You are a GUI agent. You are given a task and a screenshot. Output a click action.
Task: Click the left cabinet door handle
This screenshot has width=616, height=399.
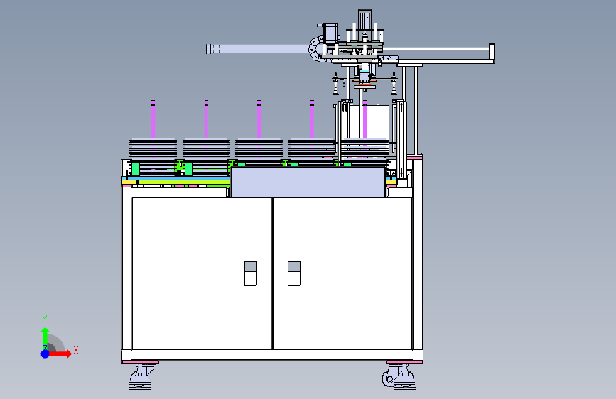tap(251, 273)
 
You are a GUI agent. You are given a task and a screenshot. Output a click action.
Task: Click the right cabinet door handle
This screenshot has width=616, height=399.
tap(293, 273)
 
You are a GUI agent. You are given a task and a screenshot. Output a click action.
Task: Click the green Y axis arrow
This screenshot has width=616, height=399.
tap(45, 334)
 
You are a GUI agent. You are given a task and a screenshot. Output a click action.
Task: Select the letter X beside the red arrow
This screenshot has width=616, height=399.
tap(75, 350)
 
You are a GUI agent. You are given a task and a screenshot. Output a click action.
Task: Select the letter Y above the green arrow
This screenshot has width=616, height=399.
tap(44, 319)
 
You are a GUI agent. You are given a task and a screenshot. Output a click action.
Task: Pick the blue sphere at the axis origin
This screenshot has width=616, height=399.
tap(45, 353)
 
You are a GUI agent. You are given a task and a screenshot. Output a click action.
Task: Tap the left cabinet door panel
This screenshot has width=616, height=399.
tap(201, 273)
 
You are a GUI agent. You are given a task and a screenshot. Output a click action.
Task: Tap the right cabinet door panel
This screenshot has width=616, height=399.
tap(342, 273)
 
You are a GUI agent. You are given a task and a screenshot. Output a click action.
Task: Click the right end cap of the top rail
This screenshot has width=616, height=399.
tap(491, 53)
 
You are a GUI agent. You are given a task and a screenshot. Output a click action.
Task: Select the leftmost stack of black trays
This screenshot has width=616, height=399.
tap(154, 149)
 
